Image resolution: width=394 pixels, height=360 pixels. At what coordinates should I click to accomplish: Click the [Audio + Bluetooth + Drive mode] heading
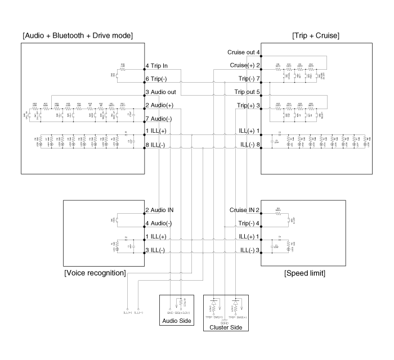pos(77,35)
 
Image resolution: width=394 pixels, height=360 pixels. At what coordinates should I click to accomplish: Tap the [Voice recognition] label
pos(95,273)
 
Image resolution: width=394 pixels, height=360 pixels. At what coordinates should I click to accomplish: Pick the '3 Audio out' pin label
pos(161,92)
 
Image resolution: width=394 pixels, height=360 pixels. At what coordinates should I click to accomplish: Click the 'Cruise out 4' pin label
pos(243,52)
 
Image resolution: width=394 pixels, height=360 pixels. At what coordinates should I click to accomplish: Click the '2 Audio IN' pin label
pos(160,210)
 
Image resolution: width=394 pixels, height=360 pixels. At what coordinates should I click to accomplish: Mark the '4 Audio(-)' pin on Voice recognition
pos(160,223)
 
